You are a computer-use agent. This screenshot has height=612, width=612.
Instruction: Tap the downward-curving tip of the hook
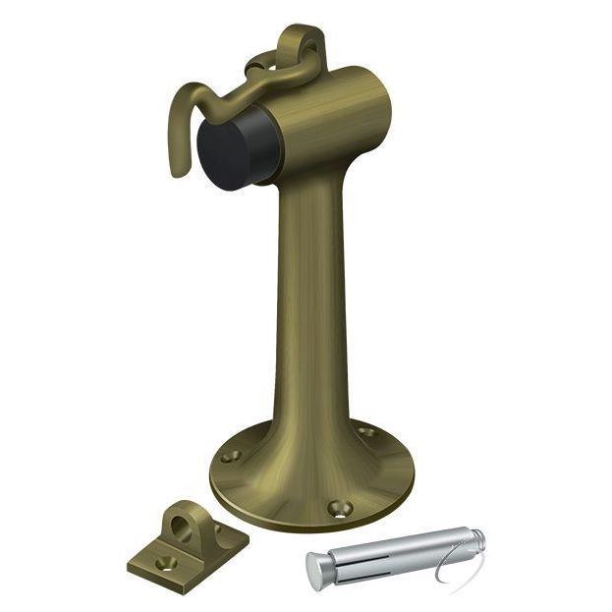pyautogui.click(x=178, y=168)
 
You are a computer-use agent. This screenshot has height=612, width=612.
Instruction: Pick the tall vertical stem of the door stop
pyautogui.click(x=312, y=295)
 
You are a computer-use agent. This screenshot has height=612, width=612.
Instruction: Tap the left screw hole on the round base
pyautogui.click(x=232, y=457)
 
